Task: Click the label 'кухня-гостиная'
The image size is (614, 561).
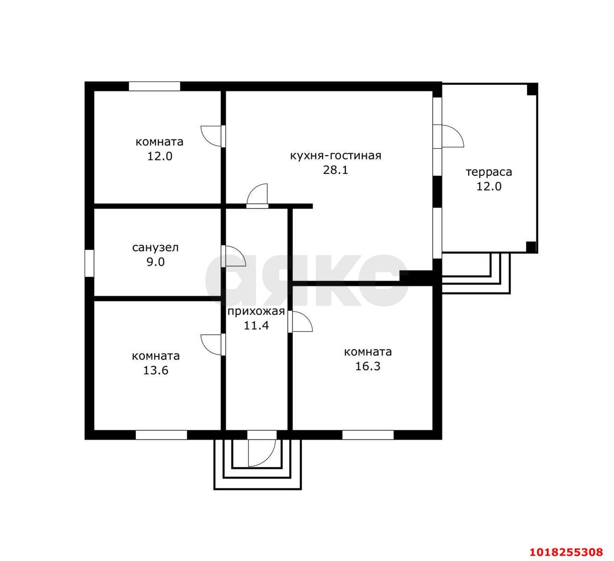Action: (x=335, y=156)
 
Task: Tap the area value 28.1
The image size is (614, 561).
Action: (x=335, y=170)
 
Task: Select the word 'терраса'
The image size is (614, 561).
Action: (x=489, y=172)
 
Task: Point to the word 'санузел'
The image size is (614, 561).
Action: (x=155, y=247)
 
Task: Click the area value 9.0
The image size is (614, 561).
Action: (x=155, y=262)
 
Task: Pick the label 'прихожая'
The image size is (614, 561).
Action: (x=256, y=312)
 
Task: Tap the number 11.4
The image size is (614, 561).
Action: (x=256, y=326)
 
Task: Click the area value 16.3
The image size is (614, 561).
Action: (x=367, y=366)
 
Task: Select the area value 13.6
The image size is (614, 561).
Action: (x=156, y=371)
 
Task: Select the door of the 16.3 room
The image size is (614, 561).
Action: (x=300, y=322)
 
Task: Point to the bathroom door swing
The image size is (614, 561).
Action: (x=234, y=256)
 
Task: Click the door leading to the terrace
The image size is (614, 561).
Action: (x=449, y=136)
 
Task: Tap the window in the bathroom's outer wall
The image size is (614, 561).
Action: (x=89, y=263)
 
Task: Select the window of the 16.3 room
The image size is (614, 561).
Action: (x=367, y=435)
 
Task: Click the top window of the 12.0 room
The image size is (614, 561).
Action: (x=154, y=86)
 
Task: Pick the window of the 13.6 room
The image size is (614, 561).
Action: (x=161, y=435)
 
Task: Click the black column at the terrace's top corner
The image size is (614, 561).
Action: (x=532, y=89)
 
